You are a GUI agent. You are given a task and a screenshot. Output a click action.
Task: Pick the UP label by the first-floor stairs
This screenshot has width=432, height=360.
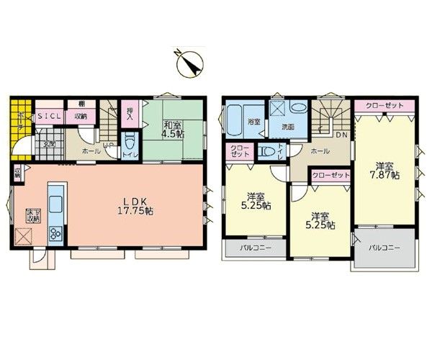(108, 145)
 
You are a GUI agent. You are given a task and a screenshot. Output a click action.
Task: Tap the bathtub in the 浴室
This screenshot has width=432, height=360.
(237, 119)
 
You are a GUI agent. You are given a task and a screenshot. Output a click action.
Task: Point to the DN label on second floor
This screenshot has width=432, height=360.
(341, 135)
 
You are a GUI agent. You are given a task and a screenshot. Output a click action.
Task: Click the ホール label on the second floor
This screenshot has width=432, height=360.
(320, 151)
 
